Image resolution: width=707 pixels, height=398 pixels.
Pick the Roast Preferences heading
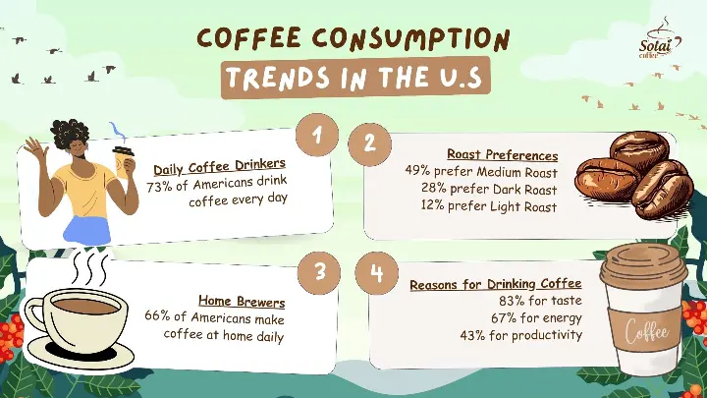tap(503, 154)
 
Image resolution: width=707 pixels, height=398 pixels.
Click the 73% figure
tap(159, 187)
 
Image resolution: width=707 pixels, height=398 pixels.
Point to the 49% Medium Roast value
tap(419, 171)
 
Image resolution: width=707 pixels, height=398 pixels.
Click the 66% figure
tap(157, 317)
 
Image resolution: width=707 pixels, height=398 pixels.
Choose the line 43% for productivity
tap(521, 335)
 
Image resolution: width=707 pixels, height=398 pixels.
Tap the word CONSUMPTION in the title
tap(405, 39)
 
